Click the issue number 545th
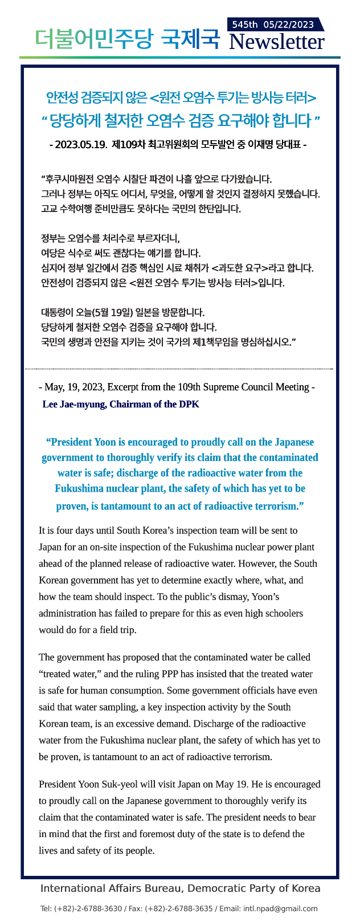[x=246, y=25]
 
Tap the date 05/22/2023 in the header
[x=289, y=25]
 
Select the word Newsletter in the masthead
[x=276, y=42]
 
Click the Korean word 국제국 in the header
[x=190, y=38]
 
